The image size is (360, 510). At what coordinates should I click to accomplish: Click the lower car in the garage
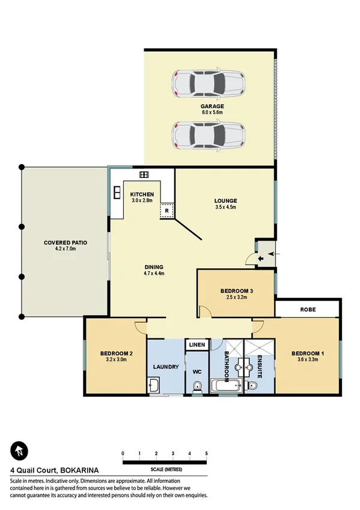[x=208, y=135]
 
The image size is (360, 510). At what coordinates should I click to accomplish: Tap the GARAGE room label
[x=212, y=106]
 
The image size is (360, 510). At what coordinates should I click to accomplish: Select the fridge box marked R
[x=166, y=211]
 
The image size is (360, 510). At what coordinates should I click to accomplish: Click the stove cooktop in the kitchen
[x=144, y=174]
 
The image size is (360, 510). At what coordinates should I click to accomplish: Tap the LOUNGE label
[x=226, y=201]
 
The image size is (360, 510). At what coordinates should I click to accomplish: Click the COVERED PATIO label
[x=66, y=243]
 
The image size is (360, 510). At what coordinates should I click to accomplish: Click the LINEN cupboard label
[x=197, y=345]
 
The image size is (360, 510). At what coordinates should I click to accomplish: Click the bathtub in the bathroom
[x=225, y=386]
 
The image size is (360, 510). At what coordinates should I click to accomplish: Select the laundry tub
[x=153, y=386]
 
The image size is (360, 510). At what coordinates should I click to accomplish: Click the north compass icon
[x=19, y=450]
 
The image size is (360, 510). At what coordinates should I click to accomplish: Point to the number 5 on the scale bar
[x=206, y=453]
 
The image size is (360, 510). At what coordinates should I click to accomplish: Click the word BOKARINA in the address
[x=79, y=470]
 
